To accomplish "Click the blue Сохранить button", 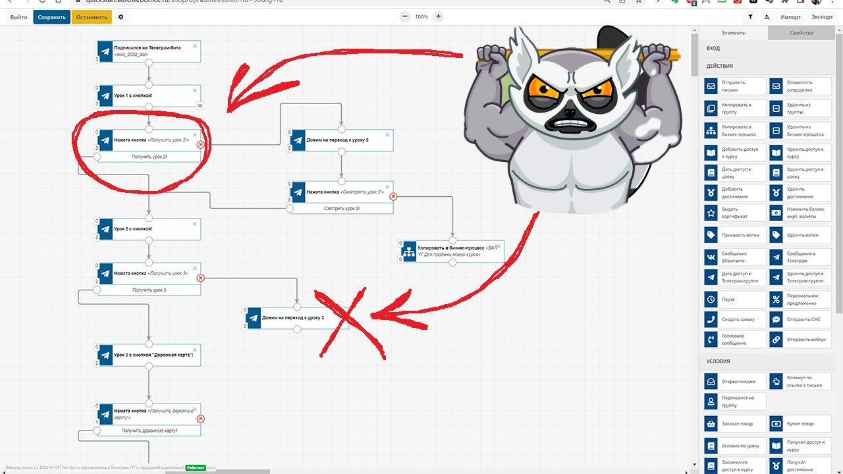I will click(x=51, y=17).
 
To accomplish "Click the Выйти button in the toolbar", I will click(x=19, y=17).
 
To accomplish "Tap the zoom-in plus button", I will click(x=439, y=16).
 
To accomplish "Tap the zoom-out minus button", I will click(x=404, y=16).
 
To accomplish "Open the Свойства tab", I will click(x=801, y=33).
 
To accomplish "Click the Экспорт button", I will click(x=822, y=17).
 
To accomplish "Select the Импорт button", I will click(x=791, y=17).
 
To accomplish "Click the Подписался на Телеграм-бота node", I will click(x=149, y=51).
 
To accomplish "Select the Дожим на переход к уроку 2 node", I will click(x=341, y=140).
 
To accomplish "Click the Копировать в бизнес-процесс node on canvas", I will click(x=452, y=251).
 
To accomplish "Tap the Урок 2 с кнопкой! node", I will click(x=149, y=229).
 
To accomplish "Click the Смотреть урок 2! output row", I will click(x=342, y=208).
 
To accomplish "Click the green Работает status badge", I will click(x=195, y=467).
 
